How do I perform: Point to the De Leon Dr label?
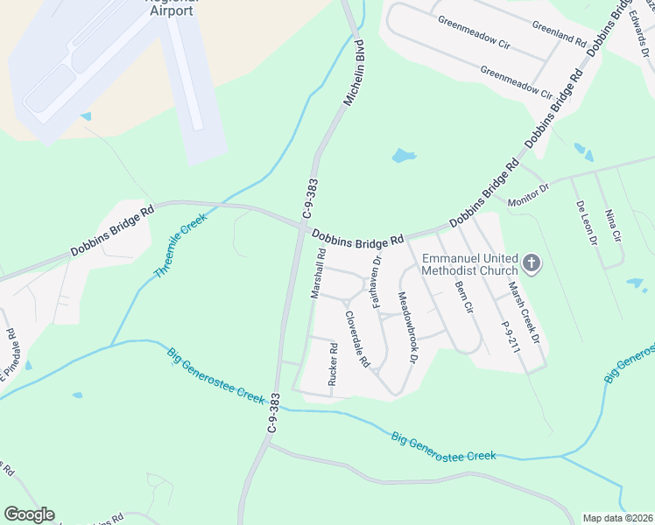click(x=586, y=222)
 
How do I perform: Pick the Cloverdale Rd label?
click(x=357, y=339)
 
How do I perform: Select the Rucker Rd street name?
click(x=333, y=364)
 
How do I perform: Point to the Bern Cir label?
click(x=463, y=297)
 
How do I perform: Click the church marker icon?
click(x=532, y=262)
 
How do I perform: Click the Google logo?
click(x=29, y=514)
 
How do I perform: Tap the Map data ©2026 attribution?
click(x=617, y=518)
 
